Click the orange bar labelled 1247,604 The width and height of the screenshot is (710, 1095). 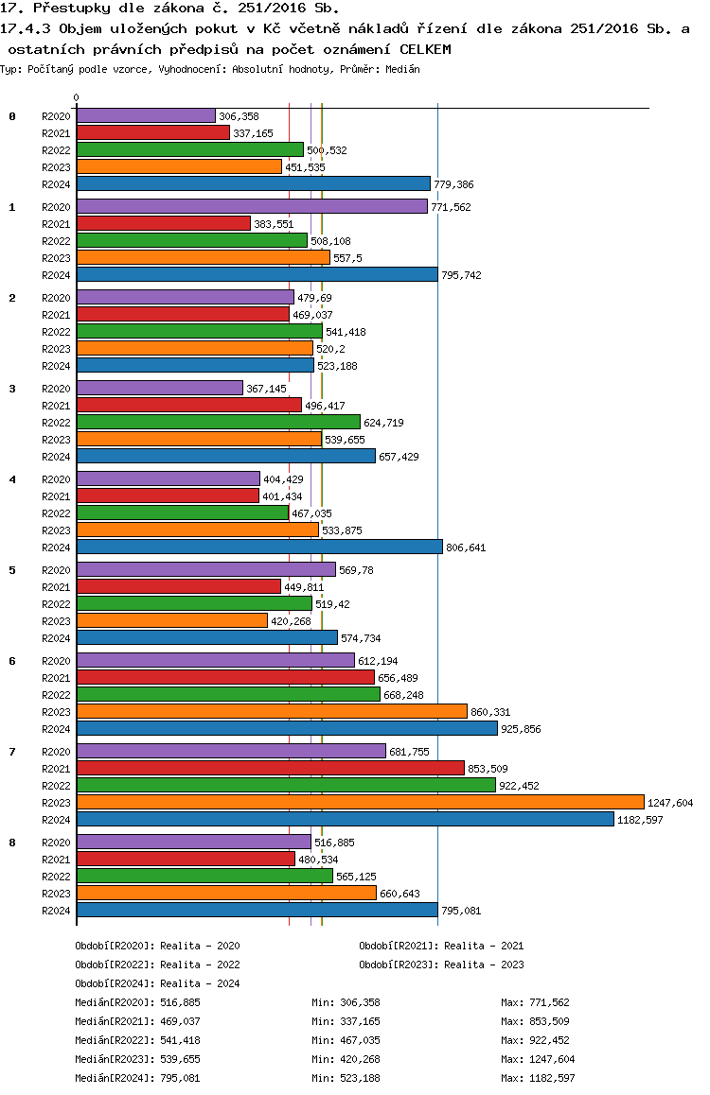(361, 802)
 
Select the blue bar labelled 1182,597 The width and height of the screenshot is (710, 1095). (346, 819)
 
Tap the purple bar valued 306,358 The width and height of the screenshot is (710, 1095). (146, 115)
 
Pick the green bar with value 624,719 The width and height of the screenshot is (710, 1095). (219, 422)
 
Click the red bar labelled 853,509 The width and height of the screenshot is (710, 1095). (271, 768)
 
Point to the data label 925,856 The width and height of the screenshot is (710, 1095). (522, 729)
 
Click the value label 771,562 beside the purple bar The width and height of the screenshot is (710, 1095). (451, 207)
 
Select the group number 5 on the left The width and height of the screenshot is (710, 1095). (12, 570)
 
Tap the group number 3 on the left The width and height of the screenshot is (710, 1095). (12, 389)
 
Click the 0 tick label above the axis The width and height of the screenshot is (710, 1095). (76, 97)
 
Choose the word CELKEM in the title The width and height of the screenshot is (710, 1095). (426, 49)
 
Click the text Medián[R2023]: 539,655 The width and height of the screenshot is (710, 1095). (137, 1059)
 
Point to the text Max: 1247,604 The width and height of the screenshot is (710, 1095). (538, 1059)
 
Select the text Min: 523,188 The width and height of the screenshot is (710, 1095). (346, 1078)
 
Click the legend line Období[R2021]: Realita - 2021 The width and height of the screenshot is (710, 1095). (442, 946)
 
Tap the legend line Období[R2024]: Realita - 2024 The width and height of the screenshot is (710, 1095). (157, 983)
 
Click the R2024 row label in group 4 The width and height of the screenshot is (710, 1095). (56, 547)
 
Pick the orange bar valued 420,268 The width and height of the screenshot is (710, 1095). (172, 620)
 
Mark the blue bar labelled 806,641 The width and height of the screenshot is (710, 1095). (259, 547)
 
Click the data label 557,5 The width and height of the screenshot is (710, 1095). (348, 258)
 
